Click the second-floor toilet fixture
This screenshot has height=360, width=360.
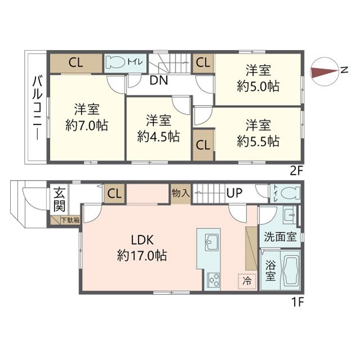coord(115,61)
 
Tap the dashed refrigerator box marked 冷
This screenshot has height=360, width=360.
coord(247,281)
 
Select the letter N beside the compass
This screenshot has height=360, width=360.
coord(344,70)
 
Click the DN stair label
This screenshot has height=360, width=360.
coord(159,80)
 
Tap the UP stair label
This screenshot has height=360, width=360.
coord(234,193)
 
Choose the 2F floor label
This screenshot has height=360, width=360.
coord(296,171)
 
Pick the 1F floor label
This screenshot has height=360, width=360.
coord(298,302)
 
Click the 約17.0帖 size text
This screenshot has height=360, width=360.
coord(142,255)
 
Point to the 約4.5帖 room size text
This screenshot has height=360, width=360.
coord(159,136)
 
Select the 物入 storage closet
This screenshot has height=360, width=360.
coord(181,193)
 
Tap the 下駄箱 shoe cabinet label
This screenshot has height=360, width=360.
coord(70,220)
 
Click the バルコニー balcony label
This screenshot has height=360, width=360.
coord(37,108)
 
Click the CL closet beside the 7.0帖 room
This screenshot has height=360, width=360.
coord(76,63)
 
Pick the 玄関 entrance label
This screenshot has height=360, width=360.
coord(60,200)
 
